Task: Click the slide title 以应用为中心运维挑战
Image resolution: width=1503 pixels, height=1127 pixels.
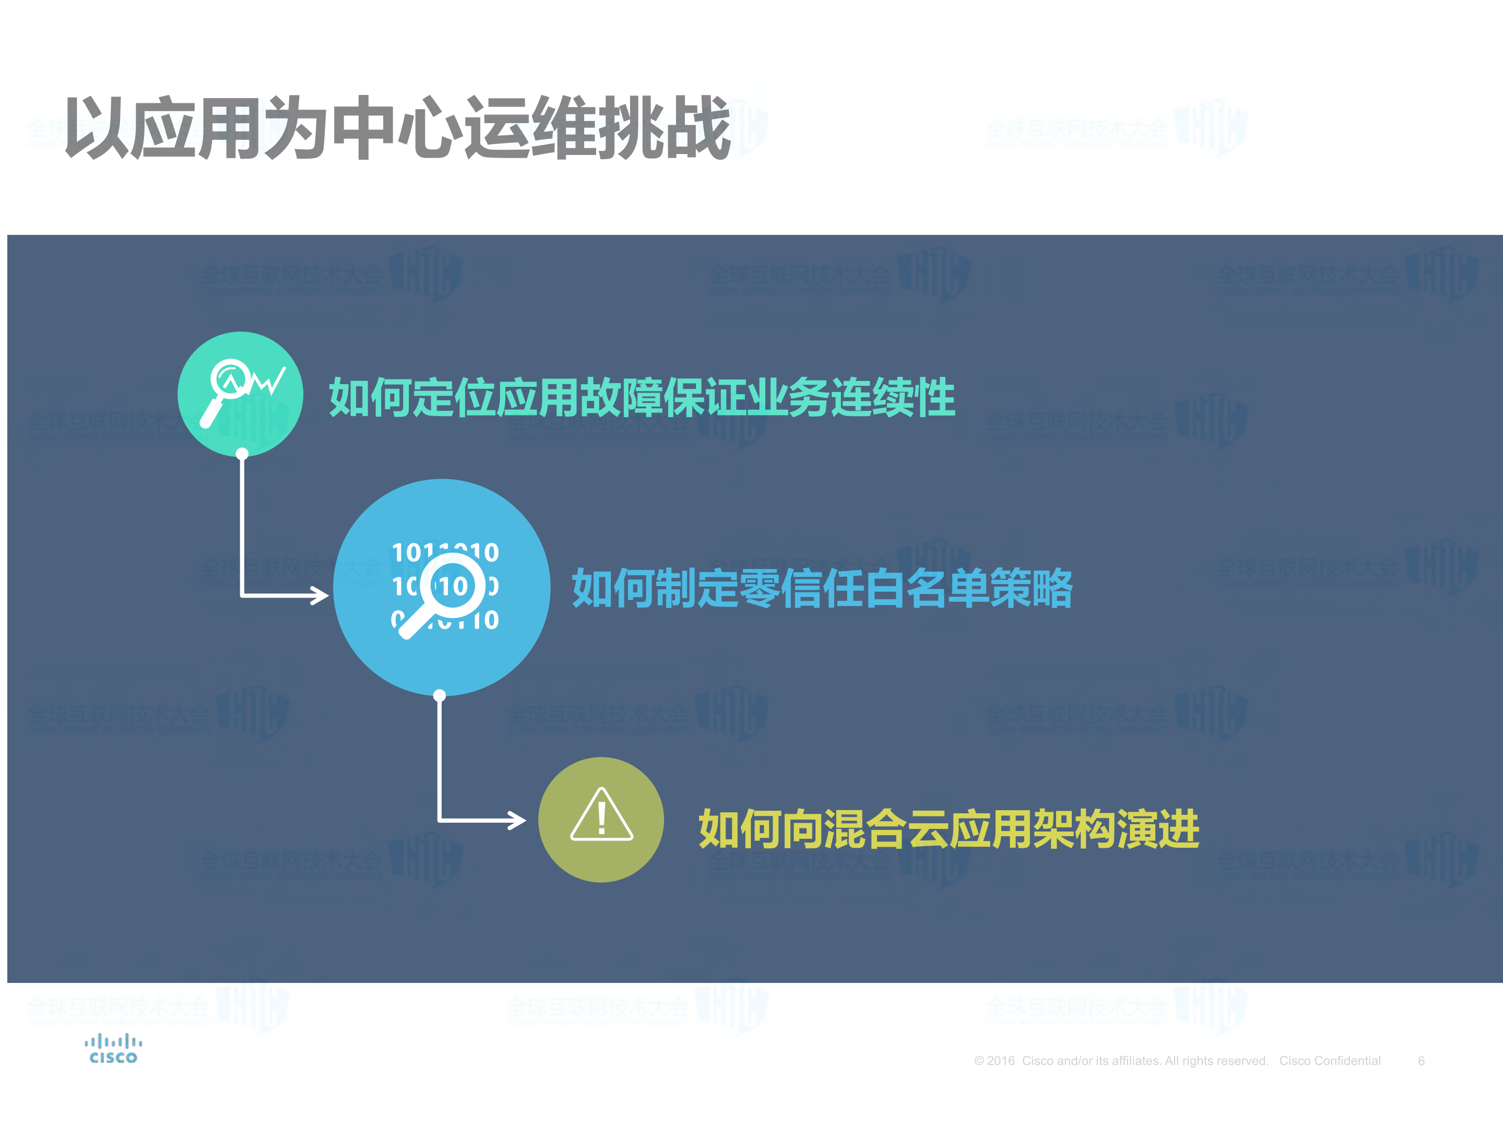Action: [x=397, y=128]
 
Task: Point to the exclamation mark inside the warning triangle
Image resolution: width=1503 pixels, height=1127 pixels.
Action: [x=601, y=817]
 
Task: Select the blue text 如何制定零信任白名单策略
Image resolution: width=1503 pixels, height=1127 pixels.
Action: [x=822, y=588]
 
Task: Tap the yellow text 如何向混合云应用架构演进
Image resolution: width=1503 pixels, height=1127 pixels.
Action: [x=949, y=829]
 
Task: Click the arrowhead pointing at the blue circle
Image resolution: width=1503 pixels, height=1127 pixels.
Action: [x=319, y=596]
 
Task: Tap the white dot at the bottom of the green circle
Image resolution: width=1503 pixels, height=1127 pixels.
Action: [x=242, y=453]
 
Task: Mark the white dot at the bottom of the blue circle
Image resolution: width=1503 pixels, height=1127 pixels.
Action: [x=440, y=695]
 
